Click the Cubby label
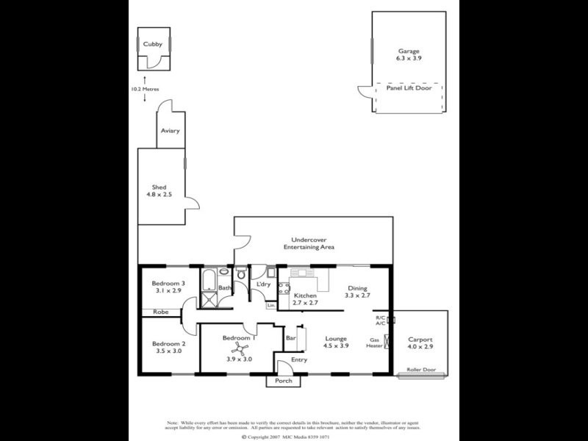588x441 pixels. pyautogui.click(x=153, y=44)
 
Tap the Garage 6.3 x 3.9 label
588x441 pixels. pyautogui.click(x=409, y=54)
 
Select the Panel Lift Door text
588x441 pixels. pyautogui.click(x=409, y=87)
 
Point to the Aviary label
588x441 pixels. pyautogui.click(x=170, y=131)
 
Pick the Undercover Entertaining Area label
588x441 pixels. pyautogui.click(x=309, y=243)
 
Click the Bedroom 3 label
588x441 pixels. pyautogui.click(x=168, y=287)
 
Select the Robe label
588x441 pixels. pyautogui.click(x=160, y=312)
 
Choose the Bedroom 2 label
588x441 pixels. pyautogui.click(x=168, y=347)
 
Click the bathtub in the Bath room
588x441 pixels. pyautogui.click(x=209, y=280)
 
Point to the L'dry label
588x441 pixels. pyautogui.click(x=262, y=284)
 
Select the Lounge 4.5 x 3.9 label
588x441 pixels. pyautogui.click(x=337, y=342)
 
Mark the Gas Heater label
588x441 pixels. pyautogui.click(x=375, y=343)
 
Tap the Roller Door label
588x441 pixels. pyautogui.click(x=421, y=370)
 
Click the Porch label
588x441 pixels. pyautogui.click(x=284, y=381)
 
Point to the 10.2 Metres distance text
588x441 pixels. pyautogui.click(x=145, y=89)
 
